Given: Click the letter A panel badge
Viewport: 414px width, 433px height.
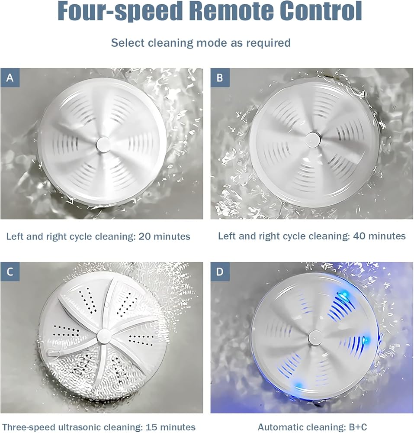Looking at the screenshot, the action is (10, 78).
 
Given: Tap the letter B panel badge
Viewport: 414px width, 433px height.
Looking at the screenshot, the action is (220, 78).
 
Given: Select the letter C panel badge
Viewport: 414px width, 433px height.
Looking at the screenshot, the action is (10, 272).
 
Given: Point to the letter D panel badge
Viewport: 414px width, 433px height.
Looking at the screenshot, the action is (220, 272).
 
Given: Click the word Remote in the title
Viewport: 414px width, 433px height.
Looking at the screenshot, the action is (231, 11).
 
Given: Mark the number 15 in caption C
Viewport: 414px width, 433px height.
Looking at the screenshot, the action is (151, 427).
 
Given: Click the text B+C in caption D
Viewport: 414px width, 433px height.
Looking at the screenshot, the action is (358, 427).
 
